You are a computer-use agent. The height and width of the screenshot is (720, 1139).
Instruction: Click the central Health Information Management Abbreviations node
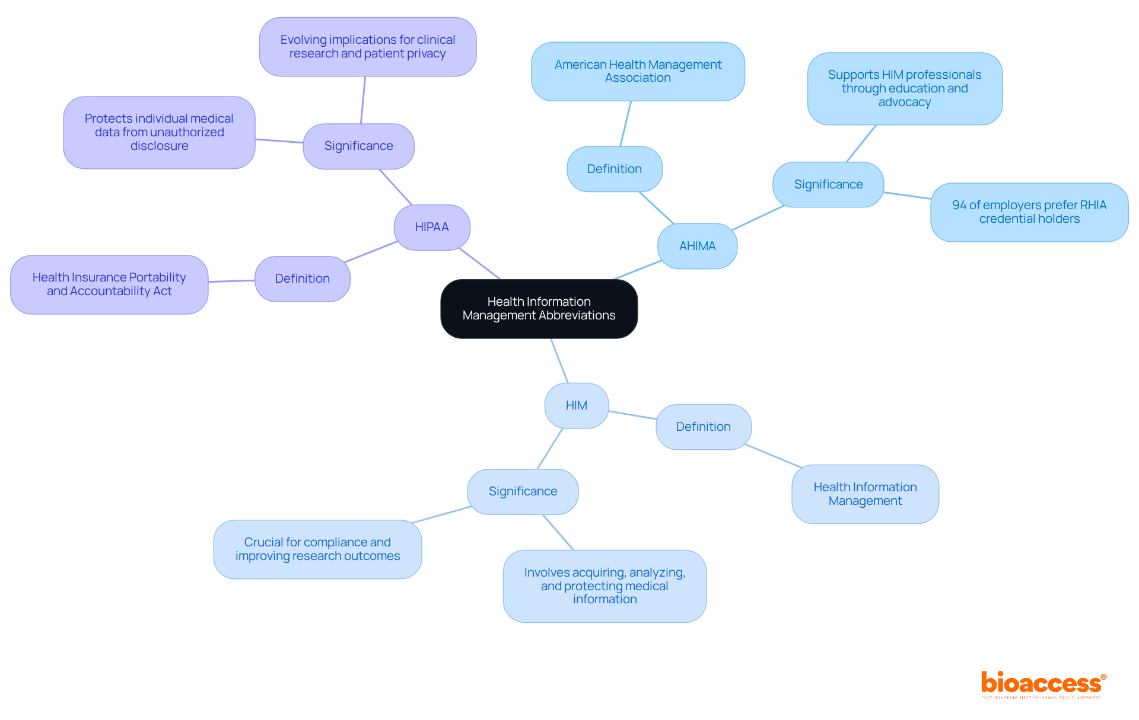click(x=539, y=309)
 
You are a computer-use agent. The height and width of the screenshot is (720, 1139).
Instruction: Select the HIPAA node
click(x=432, y=227)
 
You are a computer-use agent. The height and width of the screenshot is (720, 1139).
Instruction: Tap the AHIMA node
click(x=697, y=246)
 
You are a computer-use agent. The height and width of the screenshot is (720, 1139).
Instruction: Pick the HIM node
click(x=576, y=405)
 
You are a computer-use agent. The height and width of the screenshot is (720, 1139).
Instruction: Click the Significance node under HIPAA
click(x=358, y=146)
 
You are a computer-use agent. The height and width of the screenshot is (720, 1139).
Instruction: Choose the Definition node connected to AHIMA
click(x=614, y=169)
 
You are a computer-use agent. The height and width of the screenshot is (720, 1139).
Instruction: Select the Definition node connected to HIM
click(x=703, y=427)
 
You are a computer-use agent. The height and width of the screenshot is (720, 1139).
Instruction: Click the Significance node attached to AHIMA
click(x=828, y=184)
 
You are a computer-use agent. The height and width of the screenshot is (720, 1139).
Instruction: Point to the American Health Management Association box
click(x=638, y=71)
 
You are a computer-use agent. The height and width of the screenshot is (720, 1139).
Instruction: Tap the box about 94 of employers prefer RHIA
click(x=1029, y=212)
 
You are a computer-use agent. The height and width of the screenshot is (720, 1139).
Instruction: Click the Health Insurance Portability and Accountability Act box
click(x=109, y=284)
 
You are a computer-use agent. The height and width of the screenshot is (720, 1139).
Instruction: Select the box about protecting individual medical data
click(x=159, y=132)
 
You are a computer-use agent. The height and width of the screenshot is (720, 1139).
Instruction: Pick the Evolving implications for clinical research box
click(x=367, y=47)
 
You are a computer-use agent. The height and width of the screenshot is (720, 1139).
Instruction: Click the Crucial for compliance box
click(x=317, y=549)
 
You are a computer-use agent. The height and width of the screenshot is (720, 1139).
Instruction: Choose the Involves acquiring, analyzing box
click(x=605, y=586)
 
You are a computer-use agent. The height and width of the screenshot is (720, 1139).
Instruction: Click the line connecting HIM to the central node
click(x=559, y=361)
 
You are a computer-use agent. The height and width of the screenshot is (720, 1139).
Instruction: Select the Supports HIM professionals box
click(x=905, y=88)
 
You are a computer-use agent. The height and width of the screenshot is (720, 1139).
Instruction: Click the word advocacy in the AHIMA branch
click(x=905, y=102)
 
